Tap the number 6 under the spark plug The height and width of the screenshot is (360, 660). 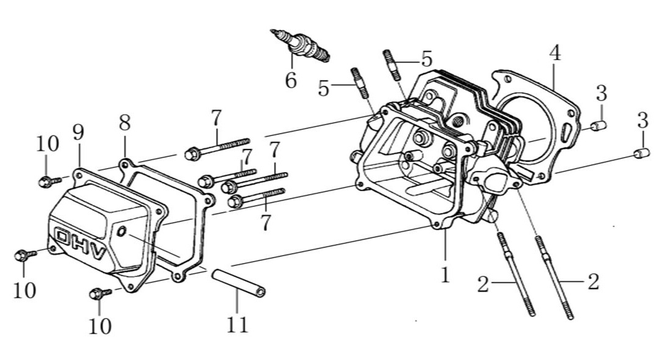point(291,80)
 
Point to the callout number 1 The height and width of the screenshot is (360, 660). point(445,275)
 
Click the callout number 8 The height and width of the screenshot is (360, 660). point(124,123)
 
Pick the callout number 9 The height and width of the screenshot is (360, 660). point(78,132)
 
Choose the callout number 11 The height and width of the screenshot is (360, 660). point(237,325)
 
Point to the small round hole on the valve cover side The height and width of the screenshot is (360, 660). point(121,231)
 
